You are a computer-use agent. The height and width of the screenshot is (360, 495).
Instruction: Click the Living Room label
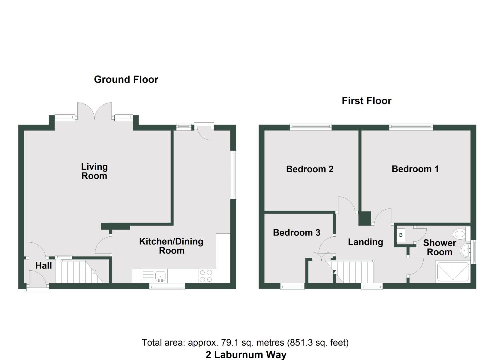point(94,171)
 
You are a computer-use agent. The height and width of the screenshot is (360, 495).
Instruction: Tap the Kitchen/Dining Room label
point(171,246)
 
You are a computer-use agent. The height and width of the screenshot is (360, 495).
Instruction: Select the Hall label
point(44,266)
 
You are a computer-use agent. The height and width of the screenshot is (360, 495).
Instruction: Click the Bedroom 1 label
point(415,169)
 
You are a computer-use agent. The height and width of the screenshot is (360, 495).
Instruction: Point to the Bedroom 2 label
point(310,169)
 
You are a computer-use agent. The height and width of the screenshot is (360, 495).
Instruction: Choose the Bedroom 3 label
point(296,233)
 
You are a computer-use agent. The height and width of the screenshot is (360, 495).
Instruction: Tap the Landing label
point(365,242)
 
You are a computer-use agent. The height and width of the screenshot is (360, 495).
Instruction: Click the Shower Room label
point(439,247)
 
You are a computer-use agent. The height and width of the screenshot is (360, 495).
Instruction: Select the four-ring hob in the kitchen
point(206,276)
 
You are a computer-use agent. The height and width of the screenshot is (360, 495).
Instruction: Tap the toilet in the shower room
point(460,234)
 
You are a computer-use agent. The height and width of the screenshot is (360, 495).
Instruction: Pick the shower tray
point(453,272)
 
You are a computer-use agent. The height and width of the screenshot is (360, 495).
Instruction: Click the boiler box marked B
point(401,235)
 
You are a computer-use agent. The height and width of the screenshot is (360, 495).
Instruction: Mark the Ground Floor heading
point(126,80)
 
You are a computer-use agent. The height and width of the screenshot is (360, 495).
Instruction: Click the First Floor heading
point(366,101)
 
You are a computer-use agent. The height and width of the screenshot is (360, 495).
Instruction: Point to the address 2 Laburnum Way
point(246,355)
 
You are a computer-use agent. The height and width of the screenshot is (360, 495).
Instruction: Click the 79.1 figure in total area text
point(226,343)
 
